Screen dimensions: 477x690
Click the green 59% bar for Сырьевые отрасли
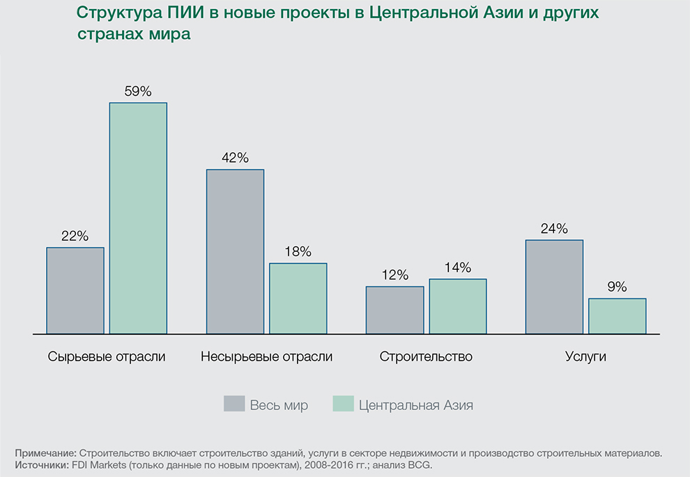click(138, 218)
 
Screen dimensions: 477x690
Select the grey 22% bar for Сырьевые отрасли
click(75, 290)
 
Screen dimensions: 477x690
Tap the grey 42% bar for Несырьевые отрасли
click(235, 251)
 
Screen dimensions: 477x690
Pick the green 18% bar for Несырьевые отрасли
click(298, 298)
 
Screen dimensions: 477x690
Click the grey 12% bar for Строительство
click(394, 310)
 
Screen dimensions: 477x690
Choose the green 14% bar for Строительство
click(457, 306)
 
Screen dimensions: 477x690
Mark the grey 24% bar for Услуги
click(554, 287)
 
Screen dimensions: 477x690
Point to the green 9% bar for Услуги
click(617, 316)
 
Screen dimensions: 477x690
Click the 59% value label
click(138, 91)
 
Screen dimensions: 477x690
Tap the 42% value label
click(235, 158)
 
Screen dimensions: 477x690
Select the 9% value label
click(617, 287)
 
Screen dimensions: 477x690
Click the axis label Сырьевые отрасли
click(107, 356)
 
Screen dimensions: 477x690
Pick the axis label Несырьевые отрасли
click(266, 356)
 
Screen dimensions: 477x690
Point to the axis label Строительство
click(426, 356)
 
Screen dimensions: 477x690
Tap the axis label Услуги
click(585, 356)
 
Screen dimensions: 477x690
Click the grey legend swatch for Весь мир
click(234, 404)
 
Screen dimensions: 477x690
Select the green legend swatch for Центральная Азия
click(343, 404)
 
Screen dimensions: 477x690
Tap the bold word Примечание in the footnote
click(45, 453)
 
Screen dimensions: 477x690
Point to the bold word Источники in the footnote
click(41, 464)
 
